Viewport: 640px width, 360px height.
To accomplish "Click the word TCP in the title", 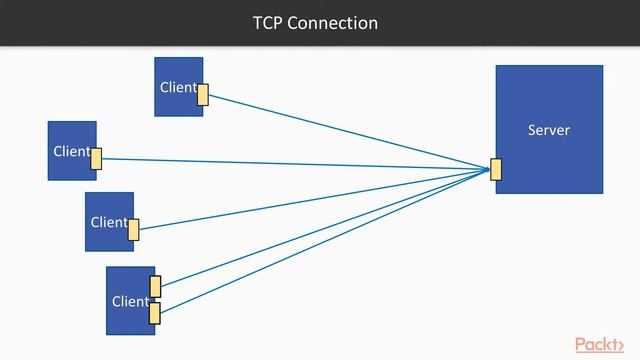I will coord(267,22).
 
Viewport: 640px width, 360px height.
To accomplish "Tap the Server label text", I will coord(548,130).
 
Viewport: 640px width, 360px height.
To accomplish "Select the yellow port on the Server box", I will coord(496,170).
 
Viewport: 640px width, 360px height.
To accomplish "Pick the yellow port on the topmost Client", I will coord(203,95).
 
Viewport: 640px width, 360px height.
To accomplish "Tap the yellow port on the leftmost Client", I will coord(97,158).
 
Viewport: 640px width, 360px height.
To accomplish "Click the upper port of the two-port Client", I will coord(155,287).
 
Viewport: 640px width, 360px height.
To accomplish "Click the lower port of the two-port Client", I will coord(155,313).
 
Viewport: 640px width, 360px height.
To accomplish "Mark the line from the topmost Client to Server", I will coord(350,133).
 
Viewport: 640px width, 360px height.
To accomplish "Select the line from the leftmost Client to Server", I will coord(300,164).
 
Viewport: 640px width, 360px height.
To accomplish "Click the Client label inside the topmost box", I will coord(178,87).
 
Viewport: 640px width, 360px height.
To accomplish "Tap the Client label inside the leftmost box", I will coord(71,151).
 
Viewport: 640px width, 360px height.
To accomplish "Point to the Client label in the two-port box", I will coord(130,301).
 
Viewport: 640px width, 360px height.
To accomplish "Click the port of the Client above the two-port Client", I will coord(133,230).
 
